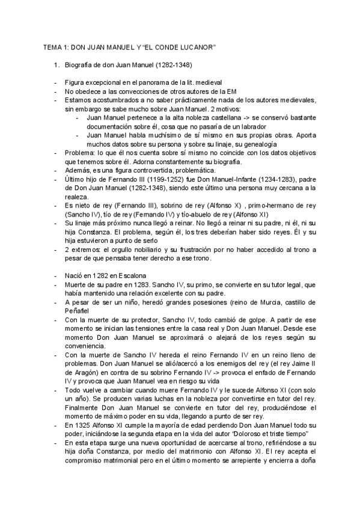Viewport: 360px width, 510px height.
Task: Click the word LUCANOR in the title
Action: tap(195, 46)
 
